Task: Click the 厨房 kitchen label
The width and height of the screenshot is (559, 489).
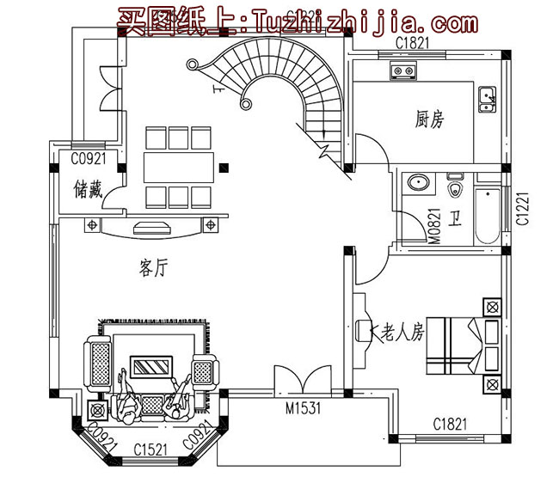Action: [x=429, y=120]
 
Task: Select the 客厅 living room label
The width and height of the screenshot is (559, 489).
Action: [x=152, y=268]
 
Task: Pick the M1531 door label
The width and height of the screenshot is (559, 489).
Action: [x=303, y=409]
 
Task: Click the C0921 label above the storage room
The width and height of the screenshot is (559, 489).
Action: [x=87, y=159]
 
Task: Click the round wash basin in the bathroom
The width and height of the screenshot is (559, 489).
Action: [x=420, y=182]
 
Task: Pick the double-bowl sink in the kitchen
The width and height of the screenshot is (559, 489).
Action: [x=487, y=101]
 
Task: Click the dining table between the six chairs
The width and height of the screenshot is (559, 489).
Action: [x=178, y=166]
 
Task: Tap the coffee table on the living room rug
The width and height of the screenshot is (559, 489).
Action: [x=153, y=368]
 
